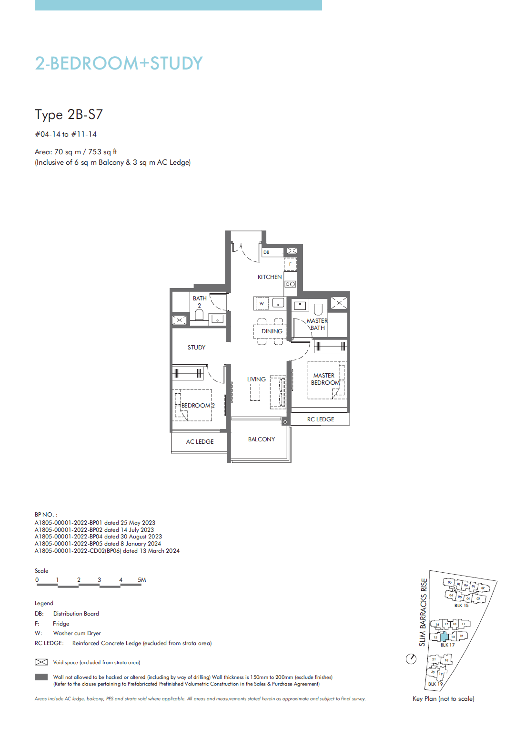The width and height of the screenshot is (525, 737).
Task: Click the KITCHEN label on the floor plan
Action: [270, 277]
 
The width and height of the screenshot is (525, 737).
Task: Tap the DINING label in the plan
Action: [272, 331]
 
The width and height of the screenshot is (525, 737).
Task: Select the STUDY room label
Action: [196, 348]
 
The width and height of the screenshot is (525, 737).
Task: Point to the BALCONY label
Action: [261, 439]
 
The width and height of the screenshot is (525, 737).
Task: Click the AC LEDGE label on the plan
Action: [200, 442]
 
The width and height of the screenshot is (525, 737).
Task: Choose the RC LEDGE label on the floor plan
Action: [320, 419]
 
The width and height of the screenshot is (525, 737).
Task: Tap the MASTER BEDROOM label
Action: [325, 379]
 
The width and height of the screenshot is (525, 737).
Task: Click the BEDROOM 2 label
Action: [198, 406]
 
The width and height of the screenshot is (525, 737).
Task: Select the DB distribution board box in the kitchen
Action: [267, 252]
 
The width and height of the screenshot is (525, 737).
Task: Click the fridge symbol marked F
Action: [290, 264]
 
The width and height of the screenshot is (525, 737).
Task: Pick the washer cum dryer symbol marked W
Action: [262, 303]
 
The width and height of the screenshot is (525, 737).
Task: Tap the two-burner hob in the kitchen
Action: [290, 284]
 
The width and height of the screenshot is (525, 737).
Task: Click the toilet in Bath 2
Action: [199, 315]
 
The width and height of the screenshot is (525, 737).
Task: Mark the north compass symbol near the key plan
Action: [411, 659]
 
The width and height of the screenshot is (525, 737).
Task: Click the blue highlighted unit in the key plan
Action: [444, 637]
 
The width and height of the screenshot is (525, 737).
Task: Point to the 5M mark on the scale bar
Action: [141, 580]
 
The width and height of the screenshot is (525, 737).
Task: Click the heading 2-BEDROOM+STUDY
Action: [119, 63]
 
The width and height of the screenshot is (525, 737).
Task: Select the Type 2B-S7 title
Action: [69, 115]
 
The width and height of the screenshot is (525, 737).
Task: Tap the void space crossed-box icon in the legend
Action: [41, 662]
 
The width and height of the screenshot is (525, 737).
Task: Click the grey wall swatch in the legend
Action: [41, 677]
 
